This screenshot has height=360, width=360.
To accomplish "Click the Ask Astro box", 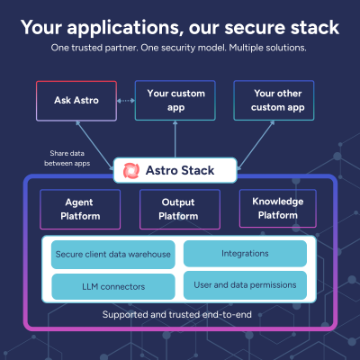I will click(x=76, y=102).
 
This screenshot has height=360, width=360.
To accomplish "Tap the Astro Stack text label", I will click(x=185, y=169).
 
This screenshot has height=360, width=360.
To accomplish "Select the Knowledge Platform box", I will click(x=277, y=209).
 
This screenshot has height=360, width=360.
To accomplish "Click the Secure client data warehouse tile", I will click(x=112, y=255).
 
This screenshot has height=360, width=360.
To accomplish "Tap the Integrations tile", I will click(x=244, y=255).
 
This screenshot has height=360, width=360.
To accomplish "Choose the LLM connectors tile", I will click(x=112, y=287).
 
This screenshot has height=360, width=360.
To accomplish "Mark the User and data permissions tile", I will click(x=244, y=287).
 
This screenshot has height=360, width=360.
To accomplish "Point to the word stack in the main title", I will click(x=310, y=27).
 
